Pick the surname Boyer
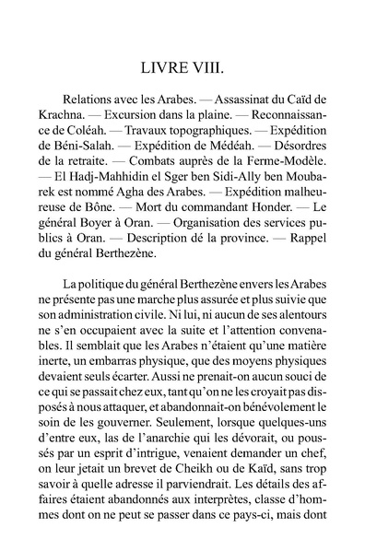pos(119,247)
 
